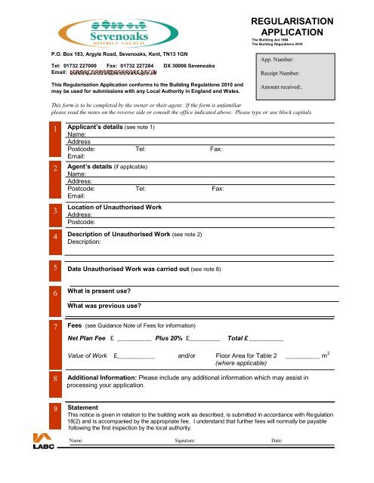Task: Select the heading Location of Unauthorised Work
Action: [x=115, y=207]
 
